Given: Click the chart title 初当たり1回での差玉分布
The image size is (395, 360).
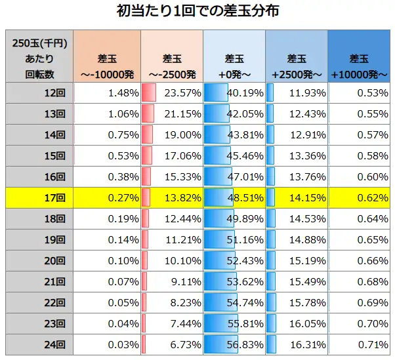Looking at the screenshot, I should click(x=197, y=11).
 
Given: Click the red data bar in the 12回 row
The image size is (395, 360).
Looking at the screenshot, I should click(x=149, y=93).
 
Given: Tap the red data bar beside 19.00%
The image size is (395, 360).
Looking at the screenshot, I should click(x=148, y=135).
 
